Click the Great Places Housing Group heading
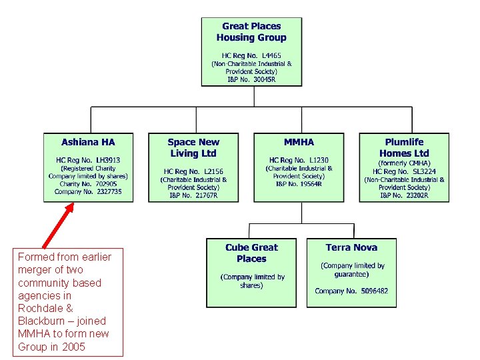coord(251,32)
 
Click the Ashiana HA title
coord(88,142)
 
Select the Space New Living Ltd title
coord(193,147)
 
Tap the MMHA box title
coord(299,142)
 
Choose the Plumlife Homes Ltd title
coord(404,147)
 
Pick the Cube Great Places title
coord(251,253)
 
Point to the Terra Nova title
coord(351,247)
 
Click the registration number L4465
coord(251,55)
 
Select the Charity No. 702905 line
coord(88,183)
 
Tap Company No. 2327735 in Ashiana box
coord(88,191)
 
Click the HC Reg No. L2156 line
coord(193,171)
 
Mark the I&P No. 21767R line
coord(193,195)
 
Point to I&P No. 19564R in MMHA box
coord(299,183)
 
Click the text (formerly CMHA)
coord(404,163)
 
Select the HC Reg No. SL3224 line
coord(404,171)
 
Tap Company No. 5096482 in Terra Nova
coord(351,291)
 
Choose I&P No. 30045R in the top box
coord(251,79)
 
